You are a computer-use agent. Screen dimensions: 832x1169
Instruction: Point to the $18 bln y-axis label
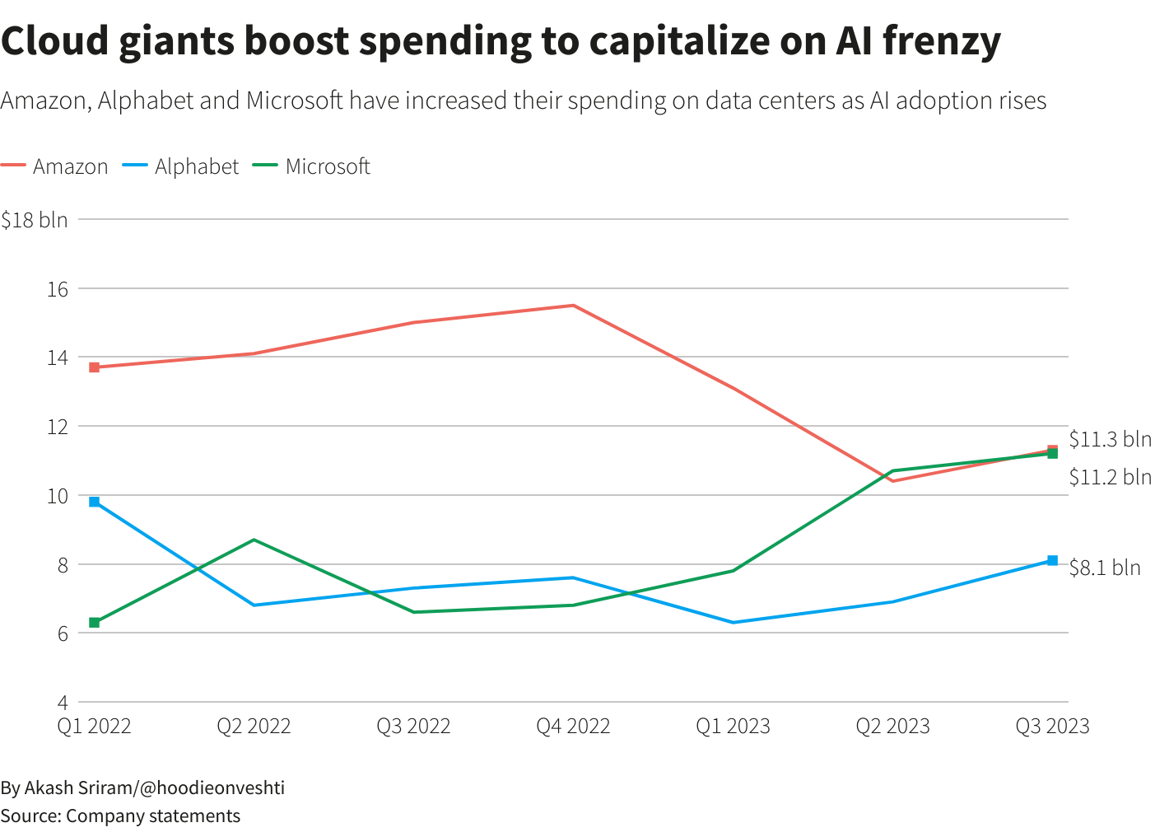click(x=35, y=220)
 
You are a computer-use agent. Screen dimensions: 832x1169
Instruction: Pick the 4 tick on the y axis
click(x=62, y=703)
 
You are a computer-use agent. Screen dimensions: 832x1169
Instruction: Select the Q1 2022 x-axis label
click(x=94, y=726)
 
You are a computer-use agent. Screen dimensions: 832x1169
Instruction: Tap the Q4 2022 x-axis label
click(x=573, y=726)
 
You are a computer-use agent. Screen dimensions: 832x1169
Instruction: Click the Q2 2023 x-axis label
click(x=892, y=726)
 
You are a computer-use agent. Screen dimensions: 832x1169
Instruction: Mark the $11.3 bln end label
click(x=1110, y=439)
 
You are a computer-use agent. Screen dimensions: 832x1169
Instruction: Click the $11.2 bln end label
click(x=1110, y=477)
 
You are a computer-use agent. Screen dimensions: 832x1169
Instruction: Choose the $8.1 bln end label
click(x=1105, y=568)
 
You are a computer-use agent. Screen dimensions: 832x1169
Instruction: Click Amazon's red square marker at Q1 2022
click(x=95, y=367)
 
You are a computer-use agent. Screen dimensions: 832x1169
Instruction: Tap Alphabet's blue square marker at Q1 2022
click(x=95, y=502)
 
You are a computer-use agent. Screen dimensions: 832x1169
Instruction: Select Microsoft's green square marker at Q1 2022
click(x=95, y=623)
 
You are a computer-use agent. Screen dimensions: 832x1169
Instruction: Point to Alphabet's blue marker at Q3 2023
click(x=1052, y=561)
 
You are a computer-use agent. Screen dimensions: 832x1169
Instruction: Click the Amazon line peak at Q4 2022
click(x=573, y=306)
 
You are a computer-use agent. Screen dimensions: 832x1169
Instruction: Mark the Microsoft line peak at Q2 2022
click(x=254, y=540)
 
